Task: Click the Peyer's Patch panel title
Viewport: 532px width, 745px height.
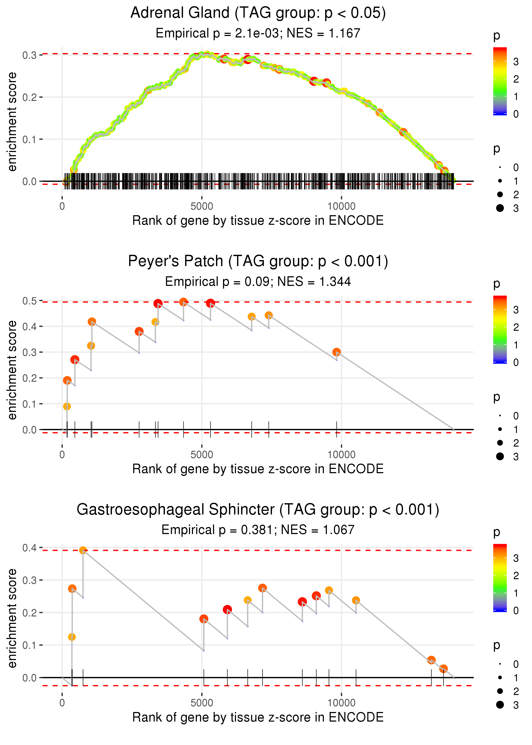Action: pyautogui.click(x=258, y=261)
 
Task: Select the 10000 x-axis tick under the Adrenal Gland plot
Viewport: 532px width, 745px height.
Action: pyautogui.click(x=341, y=206)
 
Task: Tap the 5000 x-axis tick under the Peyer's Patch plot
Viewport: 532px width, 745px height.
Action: pyautogui.click(x=202, y=455)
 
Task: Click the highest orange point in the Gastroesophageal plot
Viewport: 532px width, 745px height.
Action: pyautogui.click(x=83, y=550)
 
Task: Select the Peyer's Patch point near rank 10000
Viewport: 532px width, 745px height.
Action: pyautogui.click(x=336, y=352)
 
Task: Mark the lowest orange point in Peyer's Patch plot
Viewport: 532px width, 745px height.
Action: pyautogui.click(x=67, y=407)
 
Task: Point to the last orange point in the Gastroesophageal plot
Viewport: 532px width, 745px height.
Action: pyautogui.click(x=443, y=669)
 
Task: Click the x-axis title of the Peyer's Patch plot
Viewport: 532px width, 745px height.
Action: pyautogui.click(x=258, y=469)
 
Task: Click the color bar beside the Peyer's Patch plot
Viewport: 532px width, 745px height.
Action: pyautogui.click(x=500, y=329)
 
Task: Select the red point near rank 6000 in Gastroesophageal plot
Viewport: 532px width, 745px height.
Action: pyautogui.click(x=227, y=610)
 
